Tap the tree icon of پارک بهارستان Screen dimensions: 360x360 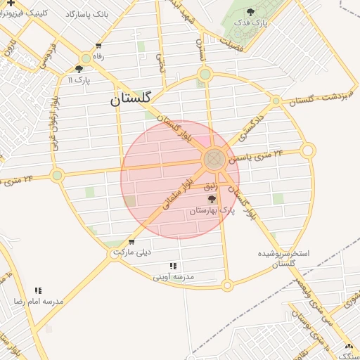click(212, 200)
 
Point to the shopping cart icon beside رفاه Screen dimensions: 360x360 click(86, 57)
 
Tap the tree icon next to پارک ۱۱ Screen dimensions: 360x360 click(79, 69)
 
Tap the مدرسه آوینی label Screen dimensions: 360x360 click(173, 277)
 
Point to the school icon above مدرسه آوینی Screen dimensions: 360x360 click(173, 266)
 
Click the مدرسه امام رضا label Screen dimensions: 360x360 click(38, 301)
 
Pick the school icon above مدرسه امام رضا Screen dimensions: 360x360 click(38, 290)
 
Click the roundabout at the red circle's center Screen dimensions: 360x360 click(214, 159)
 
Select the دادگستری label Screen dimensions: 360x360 click(251, 124)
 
